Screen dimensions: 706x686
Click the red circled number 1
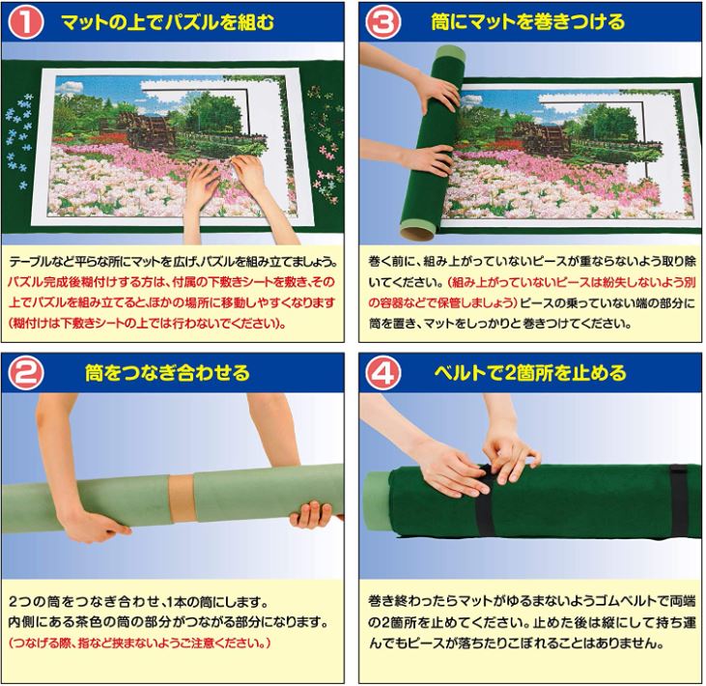26,22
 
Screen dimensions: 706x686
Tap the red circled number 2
26,373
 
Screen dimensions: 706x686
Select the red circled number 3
382,22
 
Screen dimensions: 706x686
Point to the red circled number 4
382,373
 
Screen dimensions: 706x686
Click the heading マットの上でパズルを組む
167,22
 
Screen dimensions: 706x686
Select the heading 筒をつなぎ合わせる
167,373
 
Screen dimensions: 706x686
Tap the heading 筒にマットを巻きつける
527,21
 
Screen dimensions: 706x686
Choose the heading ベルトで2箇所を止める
530,373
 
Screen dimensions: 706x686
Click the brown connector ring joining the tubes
183,498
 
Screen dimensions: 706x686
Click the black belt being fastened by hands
486,500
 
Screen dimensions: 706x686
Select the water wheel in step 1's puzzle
147,129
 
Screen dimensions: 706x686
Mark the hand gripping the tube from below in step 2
312,515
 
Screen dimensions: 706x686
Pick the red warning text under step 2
140,643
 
